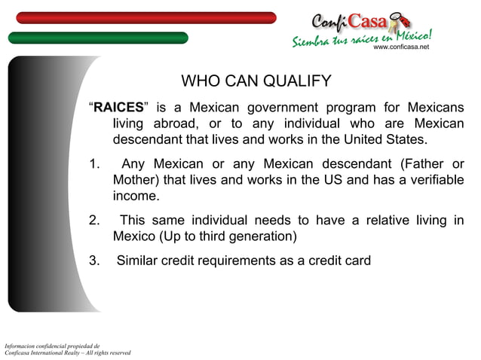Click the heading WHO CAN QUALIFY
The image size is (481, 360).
click(256, 81)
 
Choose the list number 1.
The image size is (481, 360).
click(93, 164)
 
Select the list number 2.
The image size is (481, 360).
click(93, 220)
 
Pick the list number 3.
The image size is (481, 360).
click(93, 261)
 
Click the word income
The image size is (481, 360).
click(136, 197)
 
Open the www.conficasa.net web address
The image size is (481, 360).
click(401, 47)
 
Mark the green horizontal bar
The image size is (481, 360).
click(98, 38)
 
